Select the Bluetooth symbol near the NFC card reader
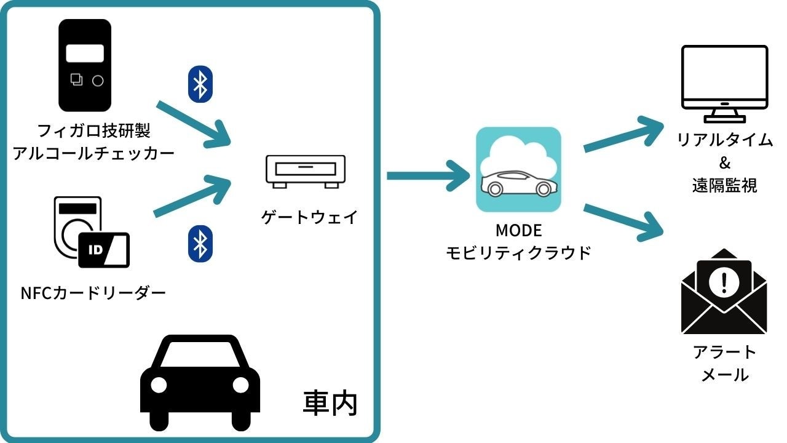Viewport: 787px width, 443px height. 200,242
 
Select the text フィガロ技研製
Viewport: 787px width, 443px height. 94,131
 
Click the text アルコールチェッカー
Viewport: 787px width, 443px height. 93,153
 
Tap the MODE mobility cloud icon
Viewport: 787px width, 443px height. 518,169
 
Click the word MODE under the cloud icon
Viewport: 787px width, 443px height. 518,231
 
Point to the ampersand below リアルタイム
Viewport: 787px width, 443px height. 724,163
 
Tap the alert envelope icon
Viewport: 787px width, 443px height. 724,292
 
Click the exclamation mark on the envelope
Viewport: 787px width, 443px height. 724,282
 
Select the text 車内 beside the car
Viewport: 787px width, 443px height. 330,403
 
